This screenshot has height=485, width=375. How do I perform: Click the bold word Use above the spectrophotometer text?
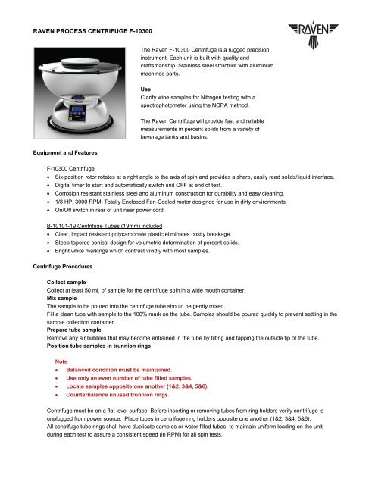pos(147,87)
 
